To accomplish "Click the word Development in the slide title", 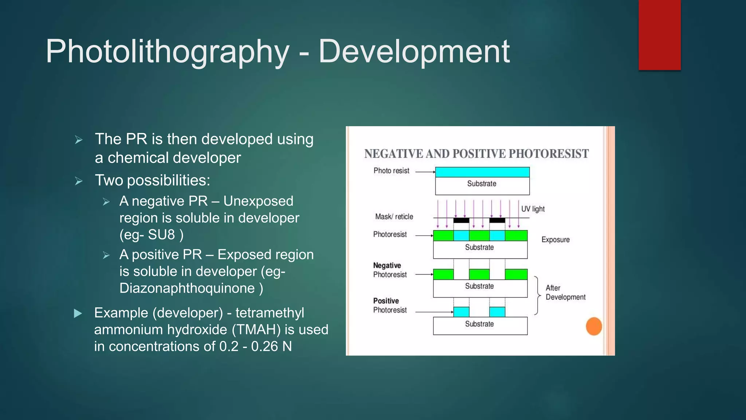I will (x=414, y=52).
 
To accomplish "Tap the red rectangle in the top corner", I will (x=659, y=35).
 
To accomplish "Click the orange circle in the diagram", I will (x=594, y=326).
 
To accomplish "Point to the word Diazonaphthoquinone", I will (x=187, y=288).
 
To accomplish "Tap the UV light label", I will (x=533, y=209).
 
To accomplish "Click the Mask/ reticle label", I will (x=394, y=217).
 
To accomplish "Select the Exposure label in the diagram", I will (x=555, y=240).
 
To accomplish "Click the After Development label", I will (x=565, y=292).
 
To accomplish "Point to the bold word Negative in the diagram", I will (x=387, y=265).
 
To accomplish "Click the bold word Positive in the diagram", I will (x=386, y=301).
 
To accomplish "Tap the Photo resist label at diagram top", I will (x=391, y=171).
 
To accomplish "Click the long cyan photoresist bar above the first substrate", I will (x=482, y=172).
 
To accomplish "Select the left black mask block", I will (x=461, y=220).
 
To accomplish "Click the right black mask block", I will (x=497, y=220).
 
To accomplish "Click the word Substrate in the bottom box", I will (x=479, y=324).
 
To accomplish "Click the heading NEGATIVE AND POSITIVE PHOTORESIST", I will (x=476, y=154).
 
